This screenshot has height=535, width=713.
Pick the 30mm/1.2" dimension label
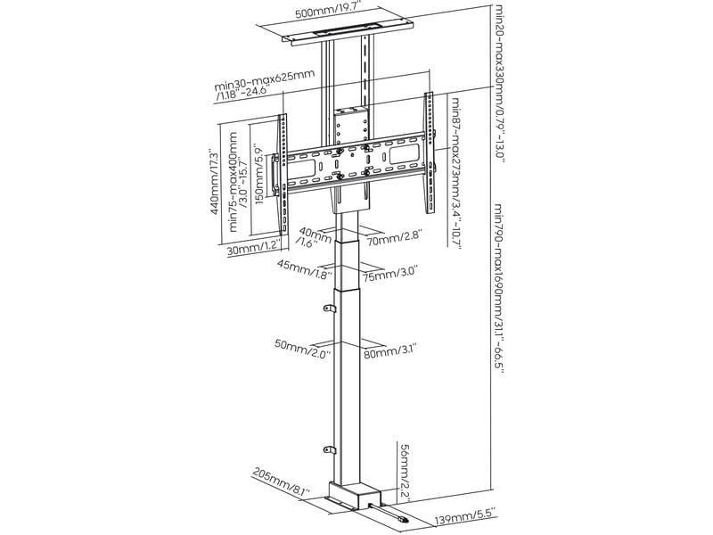(253, 250)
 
